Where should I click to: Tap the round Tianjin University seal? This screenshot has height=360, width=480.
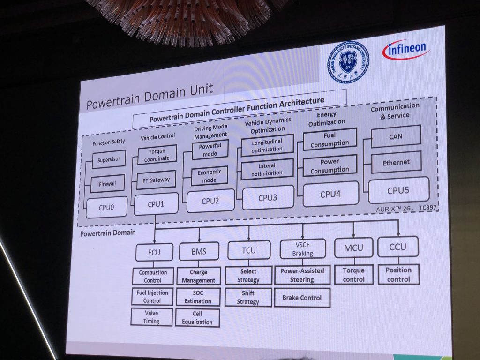[348, 62]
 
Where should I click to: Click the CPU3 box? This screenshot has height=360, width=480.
[268, 197]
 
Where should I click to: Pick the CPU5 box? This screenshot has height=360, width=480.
[398, 190]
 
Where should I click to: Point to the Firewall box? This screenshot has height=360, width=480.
[107, 184]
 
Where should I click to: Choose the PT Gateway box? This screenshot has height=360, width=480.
[156, 180]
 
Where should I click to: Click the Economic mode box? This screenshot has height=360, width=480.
[209, 176]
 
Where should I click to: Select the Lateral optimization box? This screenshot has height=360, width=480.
[267, 170]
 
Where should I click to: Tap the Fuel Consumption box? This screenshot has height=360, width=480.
[330, 139]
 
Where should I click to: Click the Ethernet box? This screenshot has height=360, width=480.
[396, 162]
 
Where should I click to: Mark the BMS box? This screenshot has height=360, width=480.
[199, 251]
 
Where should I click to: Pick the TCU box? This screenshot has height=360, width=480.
[248, 250]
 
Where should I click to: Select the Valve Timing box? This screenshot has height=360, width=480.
[151, 317]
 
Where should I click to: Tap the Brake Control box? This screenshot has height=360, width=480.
[302, 298]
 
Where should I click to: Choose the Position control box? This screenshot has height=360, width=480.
[398, 275]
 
